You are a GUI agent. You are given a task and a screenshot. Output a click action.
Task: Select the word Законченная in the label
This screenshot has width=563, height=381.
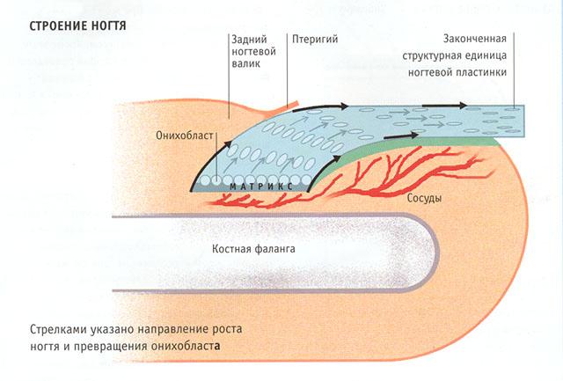point(472,40)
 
